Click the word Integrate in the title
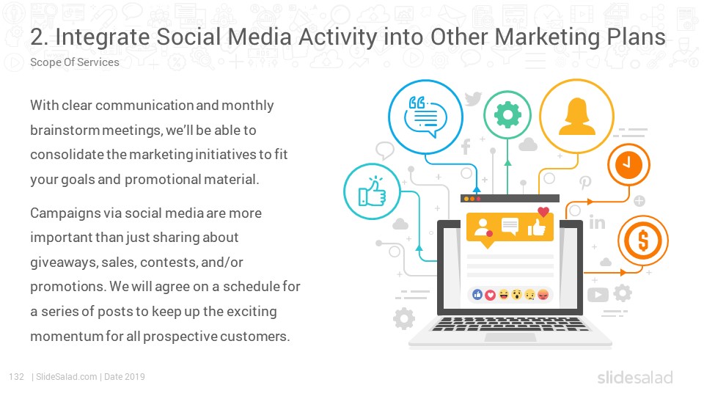[103, 37]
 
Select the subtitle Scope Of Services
[75, 62]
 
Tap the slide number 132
[17, 377]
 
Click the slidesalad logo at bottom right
[635, 378]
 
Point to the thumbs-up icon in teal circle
[373, 192]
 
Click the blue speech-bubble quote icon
[425, 117]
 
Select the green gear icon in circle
[507, 114]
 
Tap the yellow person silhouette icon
[577, 117]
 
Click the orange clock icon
[628, 164]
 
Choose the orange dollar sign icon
[643, 241]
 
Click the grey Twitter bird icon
[473, 98]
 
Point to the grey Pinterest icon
[585, 183]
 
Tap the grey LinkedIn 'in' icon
[597, 221]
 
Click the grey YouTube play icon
[598, 295]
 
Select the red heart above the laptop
[543, 211]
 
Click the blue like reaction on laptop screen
[477, 295]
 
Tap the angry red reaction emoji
[543, 295]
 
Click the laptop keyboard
[509, 324]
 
